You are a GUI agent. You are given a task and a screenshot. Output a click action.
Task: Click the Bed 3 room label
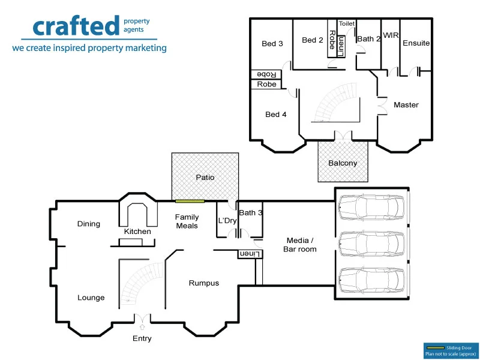(272, 44)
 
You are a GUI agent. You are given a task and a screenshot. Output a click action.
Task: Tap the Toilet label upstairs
(347, 24)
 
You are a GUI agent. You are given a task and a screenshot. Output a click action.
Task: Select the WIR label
(391, 36)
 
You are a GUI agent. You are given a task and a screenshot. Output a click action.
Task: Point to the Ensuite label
(416, 43)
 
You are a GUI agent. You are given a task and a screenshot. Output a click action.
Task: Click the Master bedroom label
(406, 105)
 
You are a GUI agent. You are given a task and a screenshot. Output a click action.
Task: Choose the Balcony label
(343, 163)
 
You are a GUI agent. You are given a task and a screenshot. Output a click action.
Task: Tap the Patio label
(205, 178)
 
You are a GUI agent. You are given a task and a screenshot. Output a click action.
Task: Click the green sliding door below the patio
(190, 200)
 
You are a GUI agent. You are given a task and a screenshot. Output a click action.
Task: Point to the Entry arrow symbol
(142, 326)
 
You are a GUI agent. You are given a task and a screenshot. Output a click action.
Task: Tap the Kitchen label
(137, 232)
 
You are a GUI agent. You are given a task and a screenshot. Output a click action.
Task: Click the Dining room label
(89, 224)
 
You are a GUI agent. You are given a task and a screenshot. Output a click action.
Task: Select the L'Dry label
(227, 221)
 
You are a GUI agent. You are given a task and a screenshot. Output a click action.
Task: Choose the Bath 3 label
(250, 212)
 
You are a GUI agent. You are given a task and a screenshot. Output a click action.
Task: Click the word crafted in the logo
(76, 26)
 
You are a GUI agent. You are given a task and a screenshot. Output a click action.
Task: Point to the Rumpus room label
(204, 283)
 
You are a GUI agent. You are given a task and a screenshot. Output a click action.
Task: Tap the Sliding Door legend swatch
(434, 347)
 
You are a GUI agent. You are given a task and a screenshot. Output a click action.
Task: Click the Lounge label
(91, 298)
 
